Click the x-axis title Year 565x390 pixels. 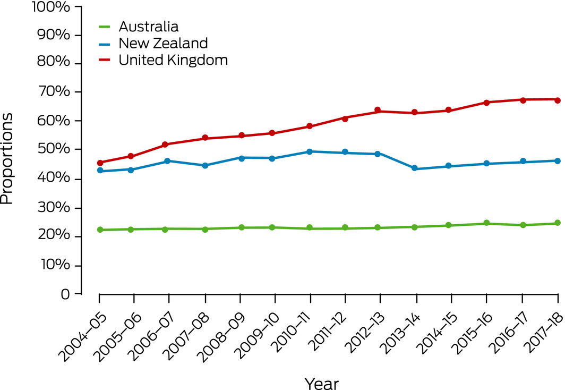tap(321, 383)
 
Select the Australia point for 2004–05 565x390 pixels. tap(99, 230)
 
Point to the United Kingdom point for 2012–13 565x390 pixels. tap(378, 110)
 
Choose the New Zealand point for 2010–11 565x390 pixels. tap(310, 151)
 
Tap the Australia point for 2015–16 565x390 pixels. tap(486, 223)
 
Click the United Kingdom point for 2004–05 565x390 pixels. tap(99, 163)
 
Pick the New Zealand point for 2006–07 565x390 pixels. tap(168, 160)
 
